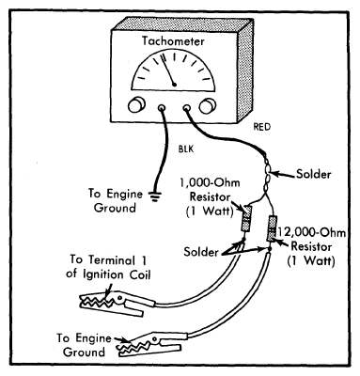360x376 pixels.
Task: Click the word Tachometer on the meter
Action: coord(173,41)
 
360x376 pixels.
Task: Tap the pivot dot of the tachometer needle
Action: coord(175,85)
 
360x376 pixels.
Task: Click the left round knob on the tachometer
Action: coord(136,105)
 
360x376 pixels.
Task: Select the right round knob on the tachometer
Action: coord(208,106)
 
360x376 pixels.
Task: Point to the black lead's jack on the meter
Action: coord(162,108)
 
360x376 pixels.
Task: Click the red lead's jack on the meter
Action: coord(186,108)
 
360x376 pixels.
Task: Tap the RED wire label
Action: coord(261,127)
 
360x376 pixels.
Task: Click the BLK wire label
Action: coord(186,149)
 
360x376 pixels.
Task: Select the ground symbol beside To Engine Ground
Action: coord(154,196)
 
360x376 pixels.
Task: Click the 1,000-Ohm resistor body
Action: coord(245,219)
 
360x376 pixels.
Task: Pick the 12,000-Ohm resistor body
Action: coord(271,228)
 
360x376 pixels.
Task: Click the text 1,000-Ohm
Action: coord(210,183)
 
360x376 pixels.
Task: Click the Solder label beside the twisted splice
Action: coord(313,174)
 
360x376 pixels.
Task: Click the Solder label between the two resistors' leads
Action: coord(201,252)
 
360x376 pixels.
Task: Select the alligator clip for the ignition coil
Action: coord(117,303)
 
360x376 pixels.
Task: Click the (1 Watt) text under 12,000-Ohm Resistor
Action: coord(311,261)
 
